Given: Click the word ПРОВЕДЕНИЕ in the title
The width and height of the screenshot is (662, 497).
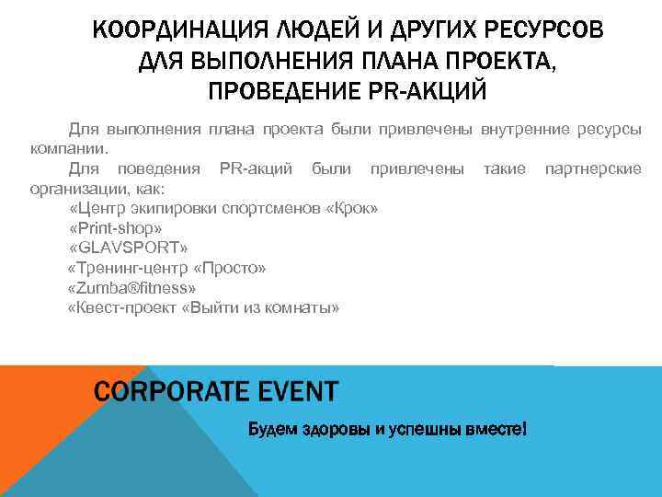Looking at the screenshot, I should (273, 93).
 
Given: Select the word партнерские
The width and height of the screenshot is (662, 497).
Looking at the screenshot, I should (592, 168).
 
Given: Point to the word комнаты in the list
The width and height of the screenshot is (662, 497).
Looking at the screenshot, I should (303, 308).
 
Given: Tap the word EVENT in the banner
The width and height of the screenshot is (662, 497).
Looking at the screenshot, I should (292, 392).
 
